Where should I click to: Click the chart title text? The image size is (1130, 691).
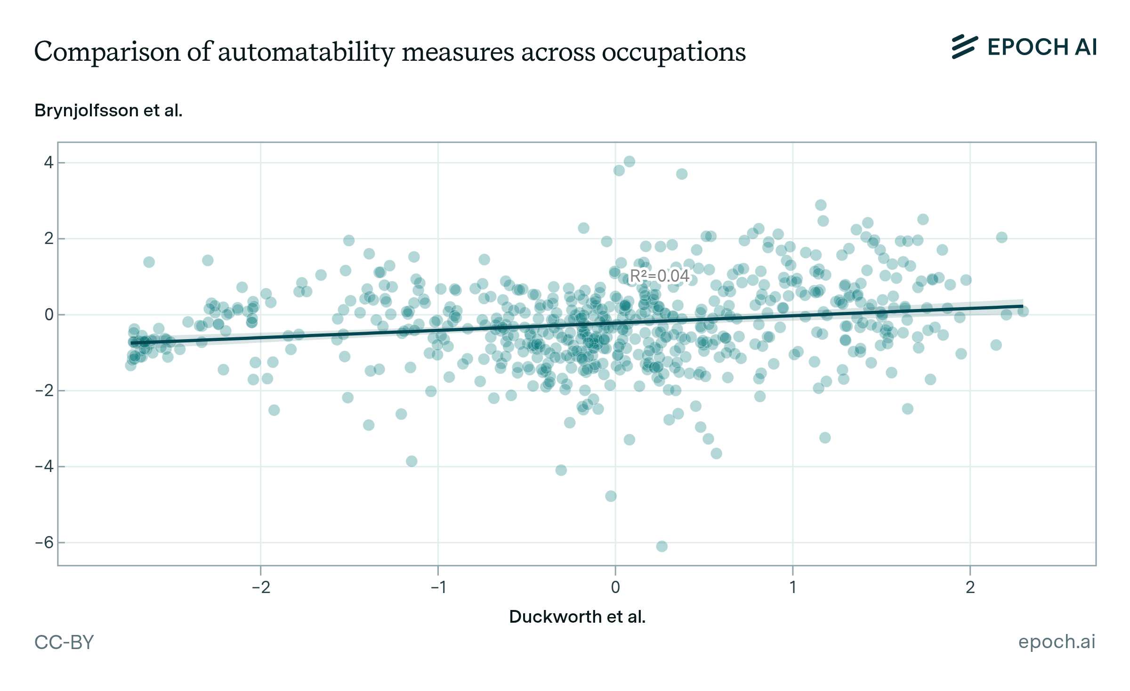pyautogui.click(x=390, y=51)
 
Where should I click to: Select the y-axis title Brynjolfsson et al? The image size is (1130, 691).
pyautogui.click(x=108, y=111)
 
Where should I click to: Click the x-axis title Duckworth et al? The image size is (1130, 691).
pyautogui.click(x=577, y=617)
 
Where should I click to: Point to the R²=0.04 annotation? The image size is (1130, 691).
pyautogui.click(x=660, y=276)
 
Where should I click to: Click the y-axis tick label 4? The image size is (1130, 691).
pyautogui.click(x=48, y=163)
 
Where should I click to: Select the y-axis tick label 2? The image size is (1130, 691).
pyautogui.click(x=48, y=239)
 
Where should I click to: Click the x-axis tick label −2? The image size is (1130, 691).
pyautogui.click(x=261, y=587)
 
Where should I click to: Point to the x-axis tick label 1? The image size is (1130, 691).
pyautogui.click(x=793, y=587)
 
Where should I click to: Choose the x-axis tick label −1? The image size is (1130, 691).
pyautogui.click(x=438, y=587)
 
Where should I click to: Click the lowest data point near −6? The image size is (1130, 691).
pyautogui.click(x=662, y=546)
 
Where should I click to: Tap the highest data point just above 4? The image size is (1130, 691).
pyautogui.click(x=629, y=162)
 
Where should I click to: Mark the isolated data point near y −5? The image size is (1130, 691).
pyautogui.click(x=611, y=496)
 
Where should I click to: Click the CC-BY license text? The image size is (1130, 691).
pyautogui.click(x=64, y=642)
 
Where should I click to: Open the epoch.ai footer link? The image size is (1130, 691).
pyautogui.click(x=1057, y=642)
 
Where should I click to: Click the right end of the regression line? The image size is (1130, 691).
pyautogui.click(x=1022, y=307)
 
